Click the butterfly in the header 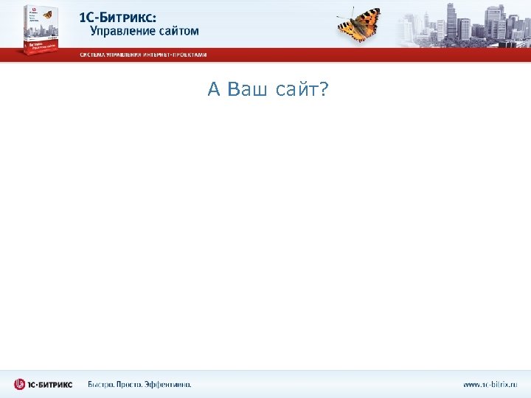pyautogui.click(x=359, y=23)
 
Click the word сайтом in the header pyautogui.click(x=178, y=32)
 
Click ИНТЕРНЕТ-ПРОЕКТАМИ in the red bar pyautogui.click(x=181, y=55)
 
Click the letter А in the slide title pyautogui.click(x=215, y=90)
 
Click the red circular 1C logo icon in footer pyautogui.click(x=20, y=384)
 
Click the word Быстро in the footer pyautogui.click(x=102, y=384)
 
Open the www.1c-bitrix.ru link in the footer pyautogui.click(x=490, y=384)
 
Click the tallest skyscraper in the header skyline pyautogui.click(x=451, y=21)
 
